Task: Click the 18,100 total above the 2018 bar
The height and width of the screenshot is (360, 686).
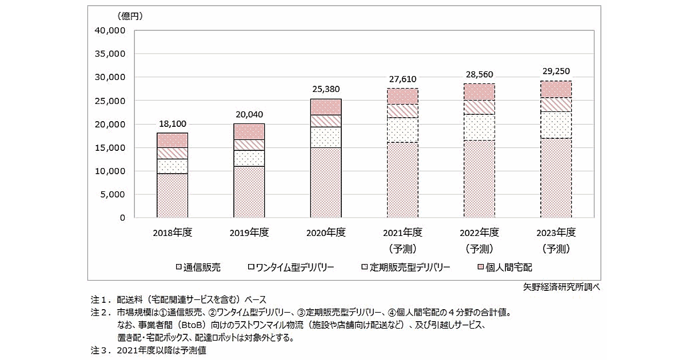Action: (172, 123)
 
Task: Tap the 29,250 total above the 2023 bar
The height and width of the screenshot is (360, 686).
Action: (556, 71)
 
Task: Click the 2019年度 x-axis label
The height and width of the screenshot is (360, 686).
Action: (249, 233)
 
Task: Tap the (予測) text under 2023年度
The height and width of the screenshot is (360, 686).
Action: (556, 249)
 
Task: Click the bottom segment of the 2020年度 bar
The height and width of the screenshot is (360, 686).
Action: (325, 183)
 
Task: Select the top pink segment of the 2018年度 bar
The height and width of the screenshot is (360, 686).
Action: (172, 140)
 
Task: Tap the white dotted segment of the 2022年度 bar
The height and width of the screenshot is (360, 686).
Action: (479, 127)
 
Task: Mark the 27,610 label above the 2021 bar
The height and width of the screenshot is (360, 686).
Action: (402, 78)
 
